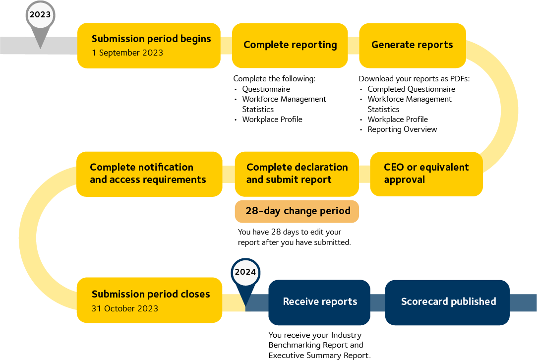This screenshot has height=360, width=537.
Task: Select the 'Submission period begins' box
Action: point(149,45)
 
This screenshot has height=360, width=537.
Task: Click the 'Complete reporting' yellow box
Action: point(290,45)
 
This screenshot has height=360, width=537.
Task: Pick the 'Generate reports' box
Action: point(412,45)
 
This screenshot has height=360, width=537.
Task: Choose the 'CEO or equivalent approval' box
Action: point(426,174)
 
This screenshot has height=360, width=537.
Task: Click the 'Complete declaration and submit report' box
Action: point(297,174)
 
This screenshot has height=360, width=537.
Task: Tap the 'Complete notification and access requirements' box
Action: point(149,174)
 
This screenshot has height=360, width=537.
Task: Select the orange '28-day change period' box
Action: point(297,211)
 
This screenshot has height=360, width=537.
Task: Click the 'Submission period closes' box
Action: point(149,300)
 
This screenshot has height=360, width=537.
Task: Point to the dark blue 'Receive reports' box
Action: point(319,302)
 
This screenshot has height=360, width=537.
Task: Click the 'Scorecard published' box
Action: point(448,302)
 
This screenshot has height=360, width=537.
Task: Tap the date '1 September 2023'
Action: point(127,53)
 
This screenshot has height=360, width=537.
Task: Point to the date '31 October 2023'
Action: point(125,308)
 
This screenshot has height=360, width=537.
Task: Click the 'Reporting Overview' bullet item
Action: point(402,129)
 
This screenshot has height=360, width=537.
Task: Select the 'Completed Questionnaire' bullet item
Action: point(411,89)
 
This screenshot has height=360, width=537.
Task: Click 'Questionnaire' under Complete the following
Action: point(266,89)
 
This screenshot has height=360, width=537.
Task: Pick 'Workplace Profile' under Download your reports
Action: point(397,120)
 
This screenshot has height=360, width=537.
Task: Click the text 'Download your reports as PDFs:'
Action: point(414,79)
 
